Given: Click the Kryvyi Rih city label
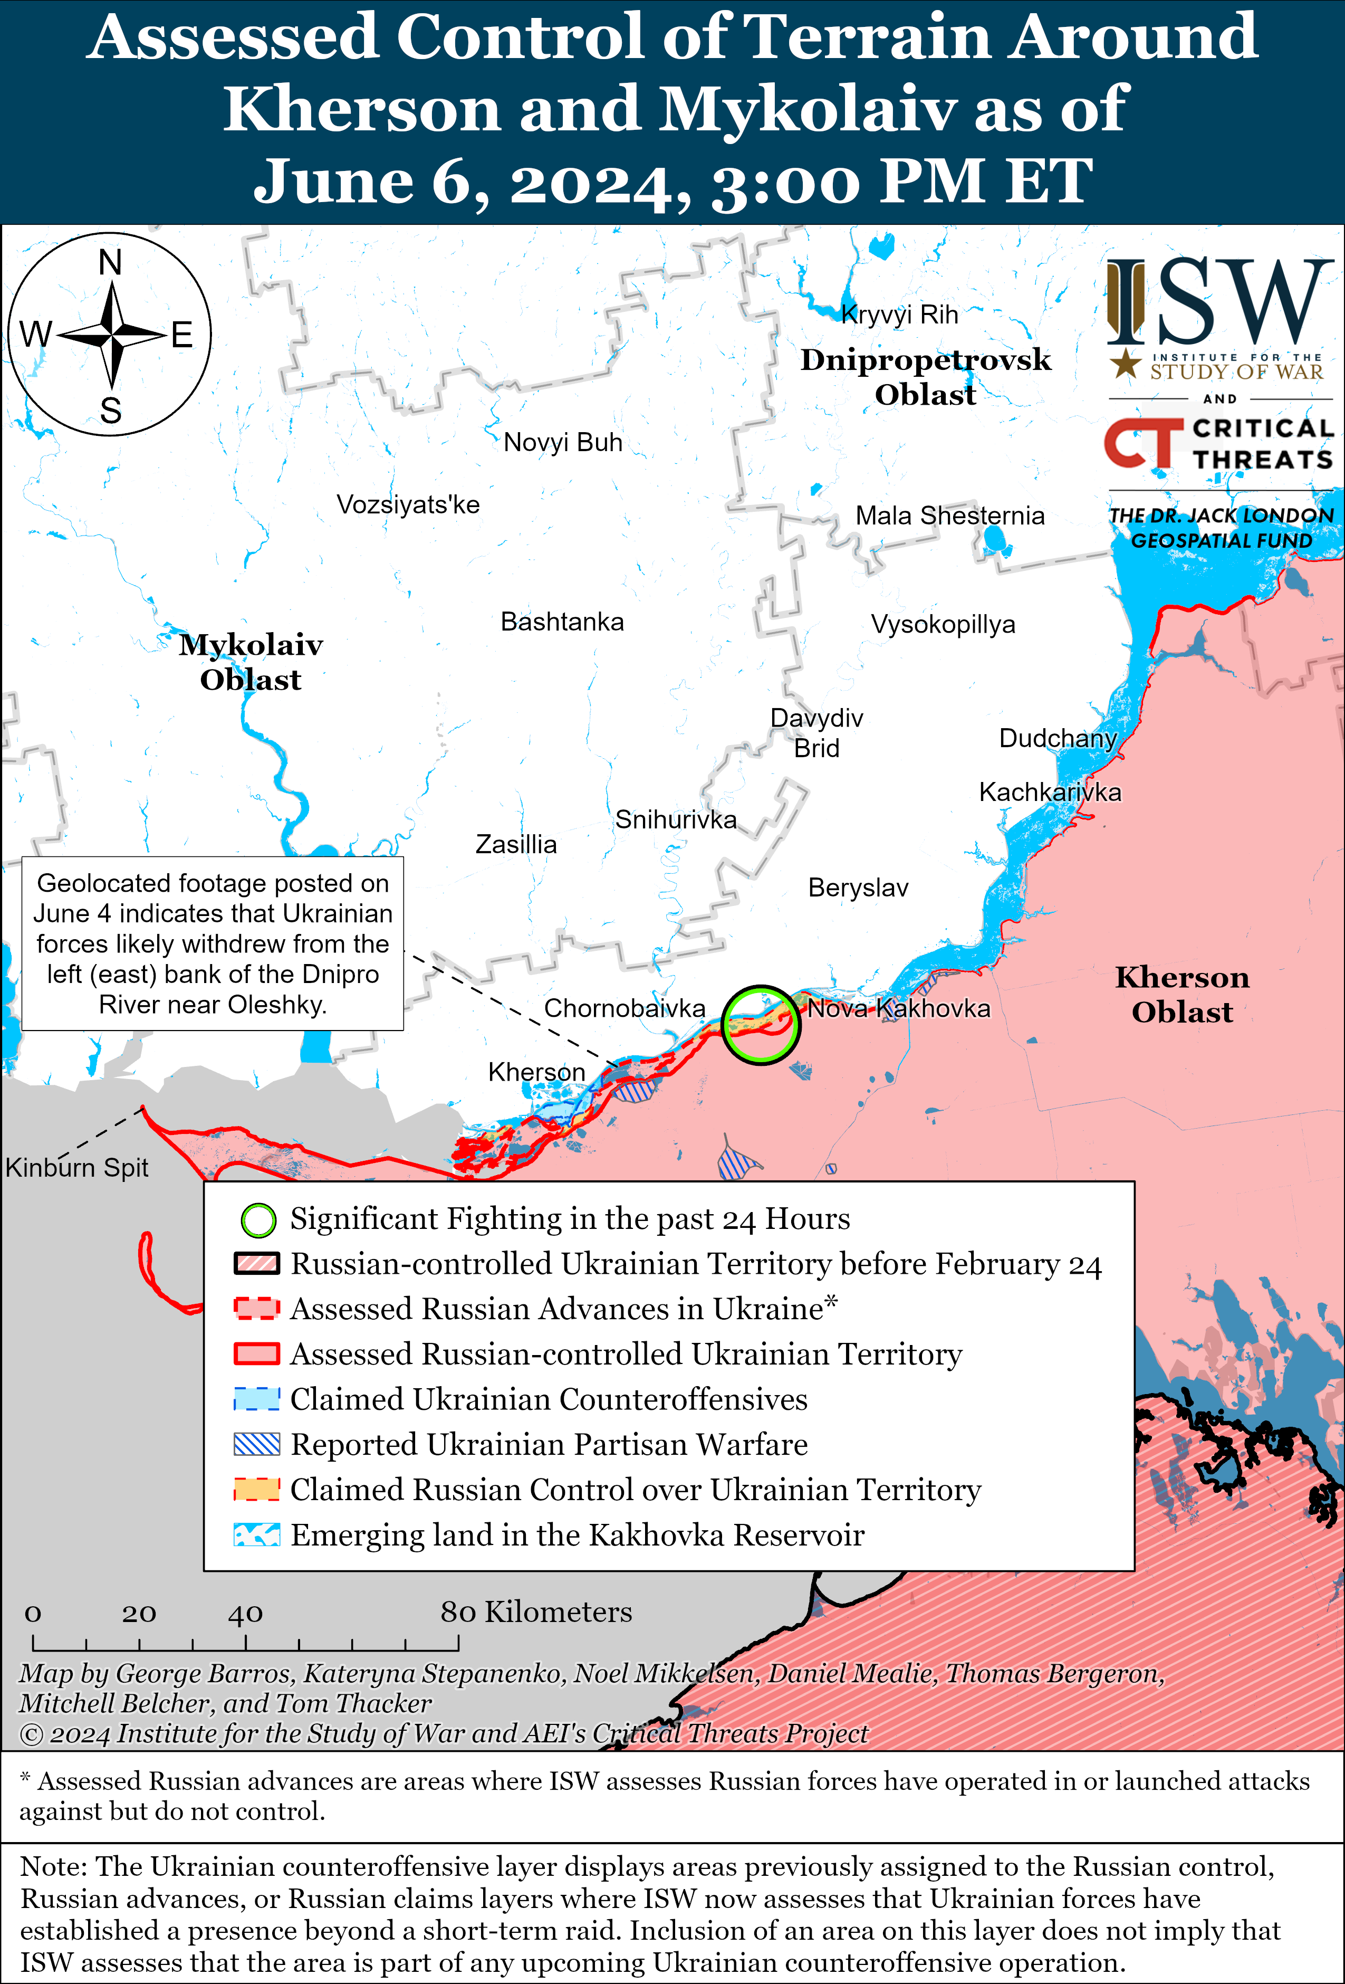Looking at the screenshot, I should pos(899,315).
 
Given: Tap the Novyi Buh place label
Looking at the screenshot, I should pos(562,442).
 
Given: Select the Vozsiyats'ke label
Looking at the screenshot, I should pos(408,504).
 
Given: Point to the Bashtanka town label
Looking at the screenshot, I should pos(562,622).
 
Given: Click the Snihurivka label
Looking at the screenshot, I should pos(675,819).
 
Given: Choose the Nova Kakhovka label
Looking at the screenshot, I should pos(899,1008).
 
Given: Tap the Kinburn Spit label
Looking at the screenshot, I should pos(77,1167).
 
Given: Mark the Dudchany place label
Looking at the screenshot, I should pos(1058,738).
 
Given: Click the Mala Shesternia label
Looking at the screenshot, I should pos(950,516).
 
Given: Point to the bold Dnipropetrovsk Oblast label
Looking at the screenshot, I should pos(925,376).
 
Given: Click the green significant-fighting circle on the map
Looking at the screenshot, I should pos(761,1024).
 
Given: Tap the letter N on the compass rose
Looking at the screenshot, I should pos(110,262).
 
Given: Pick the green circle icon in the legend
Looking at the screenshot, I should pos(258,1220).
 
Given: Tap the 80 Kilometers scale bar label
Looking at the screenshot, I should pos(536,1612).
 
